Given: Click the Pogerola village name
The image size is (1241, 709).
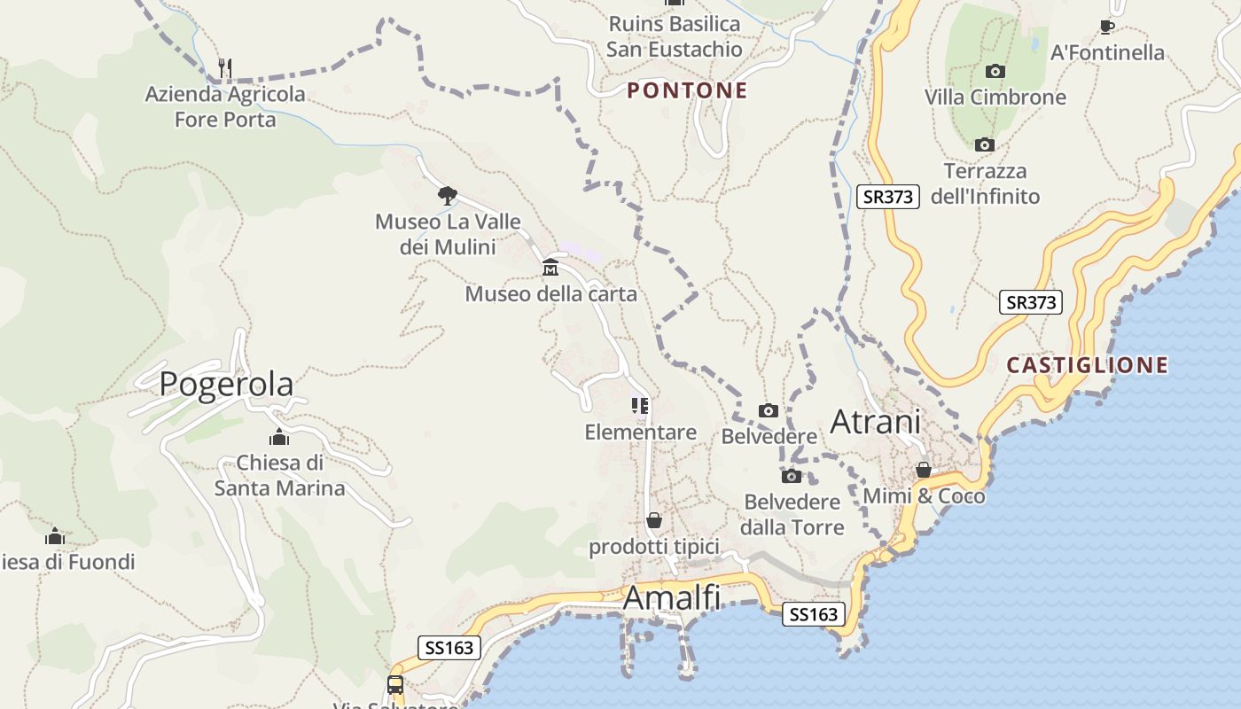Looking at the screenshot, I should point(226,385).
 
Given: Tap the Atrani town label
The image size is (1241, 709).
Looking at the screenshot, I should point(875,422).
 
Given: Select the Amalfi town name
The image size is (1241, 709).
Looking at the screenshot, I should point(672,598).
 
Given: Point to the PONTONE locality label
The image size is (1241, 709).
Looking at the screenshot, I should point(688,90).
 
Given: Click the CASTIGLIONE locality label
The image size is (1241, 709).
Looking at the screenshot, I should point(1088,365).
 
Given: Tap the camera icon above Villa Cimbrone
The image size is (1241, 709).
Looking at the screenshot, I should point(995,71).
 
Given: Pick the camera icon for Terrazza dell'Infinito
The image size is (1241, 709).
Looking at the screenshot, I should point(984,144).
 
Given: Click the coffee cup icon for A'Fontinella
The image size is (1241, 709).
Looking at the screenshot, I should point(1106,27).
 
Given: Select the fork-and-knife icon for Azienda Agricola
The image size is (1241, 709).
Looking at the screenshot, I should point(225,67).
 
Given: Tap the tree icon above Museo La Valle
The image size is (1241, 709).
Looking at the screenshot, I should point(448,195).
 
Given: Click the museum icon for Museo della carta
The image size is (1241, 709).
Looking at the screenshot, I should point(550,267).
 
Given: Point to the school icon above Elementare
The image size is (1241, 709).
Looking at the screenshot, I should point(640,406).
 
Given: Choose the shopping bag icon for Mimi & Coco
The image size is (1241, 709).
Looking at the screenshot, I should point(924,470).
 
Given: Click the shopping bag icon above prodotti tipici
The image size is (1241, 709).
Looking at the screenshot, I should point(654,520).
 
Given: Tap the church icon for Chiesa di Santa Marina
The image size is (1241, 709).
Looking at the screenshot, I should point(279,437).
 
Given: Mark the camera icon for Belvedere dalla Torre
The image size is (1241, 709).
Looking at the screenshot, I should point(792,476).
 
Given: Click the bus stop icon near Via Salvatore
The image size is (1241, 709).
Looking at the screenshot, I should point(395,685).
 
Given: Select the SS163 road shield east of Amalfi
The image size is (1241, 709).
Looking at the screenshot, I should point(813,614).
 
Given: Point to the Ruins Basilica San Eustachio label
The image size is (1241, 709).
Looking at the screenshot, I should point(674,36).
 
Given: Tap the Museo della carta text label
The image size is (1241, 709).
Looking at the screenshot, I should point(550,293).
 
